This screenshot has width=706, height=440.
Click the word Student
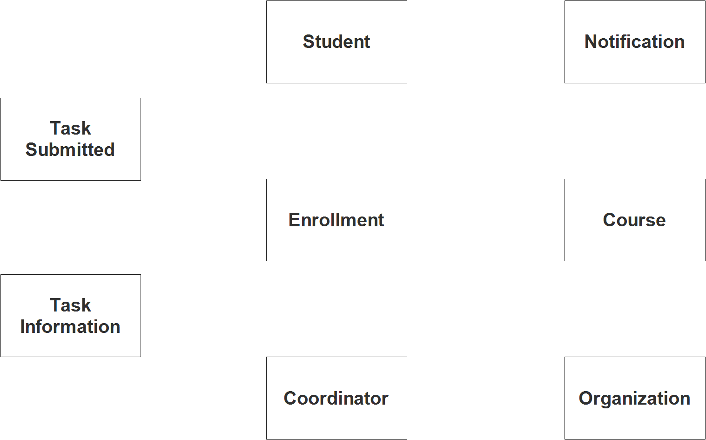(336, 41)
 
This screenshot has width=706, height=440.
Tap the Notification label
(634, 41)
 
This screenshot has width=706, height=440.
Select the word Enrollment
(336, 220)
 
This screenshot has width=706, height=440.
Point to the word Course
(634, 220)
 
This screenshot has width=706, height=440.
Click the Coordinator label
(336, 399)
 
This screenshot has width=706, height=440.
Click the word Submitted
(70, 149)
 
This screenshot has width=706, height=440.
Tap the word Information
(70, 326)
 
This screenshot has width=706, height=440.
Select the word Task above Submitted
(70, 129)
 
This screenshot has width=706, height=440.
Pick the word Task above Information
(70, 305)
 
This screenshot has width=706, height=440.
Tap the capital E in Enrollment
(295, 220)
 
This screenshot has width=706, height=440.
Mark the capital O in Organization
(586, 399)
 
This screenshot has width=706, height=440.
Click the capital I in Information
(23, 326)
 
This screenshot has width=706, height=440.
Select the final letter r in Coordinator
(384, 400)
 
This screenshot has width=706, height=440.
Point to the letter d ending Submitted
(108, 149)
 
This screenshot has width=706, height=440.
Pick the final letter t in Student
(367, 42)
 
